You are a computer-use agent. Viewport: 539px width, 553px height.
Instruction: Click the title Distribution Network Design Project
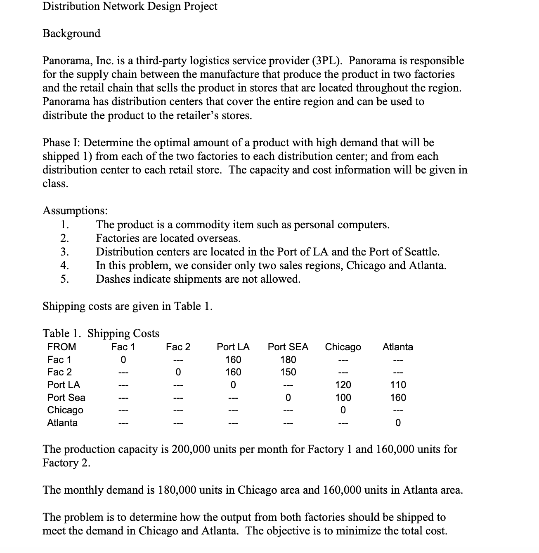click(130, 7)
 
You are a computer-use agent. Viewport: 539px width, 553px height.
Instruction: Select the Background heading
click(71, 33)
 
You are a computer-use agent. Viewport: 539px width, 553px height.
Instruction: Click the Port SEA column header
click(288, 347)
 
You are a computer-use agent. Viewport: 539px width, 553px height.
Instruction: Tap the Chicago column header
click(343, 347)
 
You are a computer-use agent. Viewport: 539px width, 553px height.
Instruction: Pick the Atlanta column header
click(397, 347)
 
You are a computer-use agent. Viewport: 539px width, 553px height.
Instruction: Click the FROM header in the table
click(61, 347)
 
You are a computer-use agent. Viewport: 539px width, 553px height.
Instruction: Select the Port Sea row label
click(66, 398)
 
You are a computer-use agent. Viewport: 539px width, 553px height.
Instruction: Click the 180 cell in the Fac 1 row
click(288, 360)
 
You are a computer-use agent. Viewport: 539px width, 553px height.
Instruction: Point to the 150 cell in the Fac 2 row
click(288, 372)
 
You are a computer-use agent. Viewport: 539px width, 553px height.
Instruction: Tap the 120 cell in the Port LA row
click(343, 385)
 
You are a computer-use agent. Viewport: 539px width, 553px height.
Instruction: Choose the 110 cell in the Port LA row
click(398, 385)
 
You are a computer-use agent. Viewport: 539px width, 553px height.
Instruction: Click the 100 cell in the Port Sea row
click(343, 398)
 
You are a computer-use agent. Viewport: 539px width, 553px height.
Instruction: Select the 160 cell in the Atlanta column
click(398, 398)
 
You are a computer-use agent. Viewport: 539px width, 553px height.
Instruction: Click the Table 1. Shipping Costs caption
click(101, 333)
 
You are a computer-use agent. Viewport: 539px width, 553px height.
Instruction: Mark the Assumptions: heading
click(75, 211)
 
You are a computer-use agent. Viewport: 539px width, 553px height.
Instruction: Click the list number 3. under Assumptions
click(65, 252)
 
